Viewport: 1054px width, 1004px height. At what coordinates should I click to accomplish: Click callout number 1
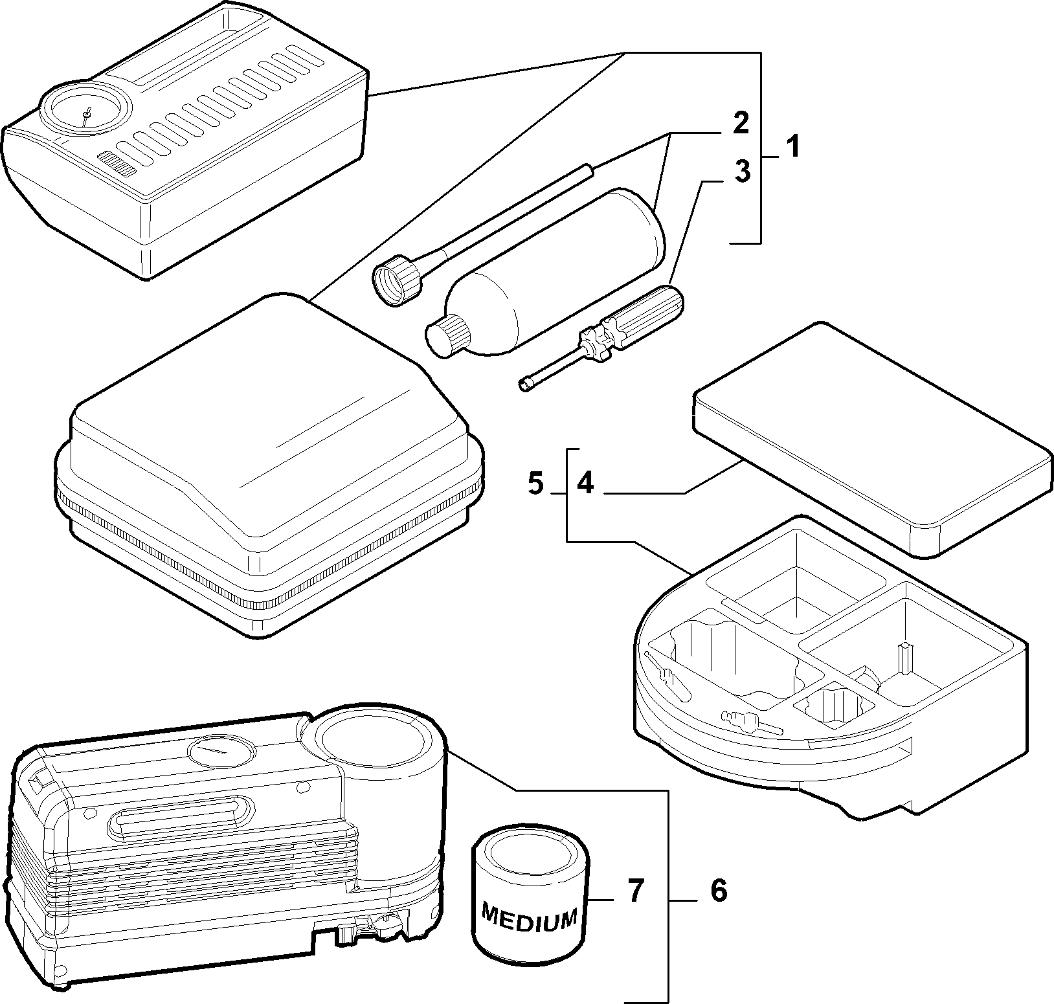pyautogui.click(x=792, y=148)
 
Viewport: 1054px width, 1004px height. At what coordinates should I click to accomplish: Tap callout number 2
pyautogui.click(x=741, y=123)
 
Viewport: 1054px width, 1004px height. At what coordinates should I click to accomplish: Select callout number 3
pyautogui.click(x=742, y=172)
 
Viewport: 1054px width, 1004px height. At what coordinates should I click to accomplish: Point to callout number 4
pyautogui.click(x=586, y=484)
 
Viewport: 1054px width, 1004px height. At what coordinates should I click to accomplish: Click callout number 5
pyautogui.click(x=535, y=484)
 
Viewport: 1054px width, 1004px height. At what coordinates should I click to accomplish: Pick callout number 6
pyautogui.click(x=719, y=891)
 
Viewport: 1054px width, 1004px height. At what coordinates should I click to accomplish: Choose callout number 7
pyautogui.click(x=636, y=891)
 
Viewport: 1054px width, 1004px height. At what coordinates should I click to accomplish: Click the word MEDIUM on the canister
pyautogui.click(x=530, y=918)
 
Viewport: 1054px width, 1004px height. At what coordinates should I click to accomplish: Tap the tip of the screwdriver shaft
pyautogui.click(x=522, y=386)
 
